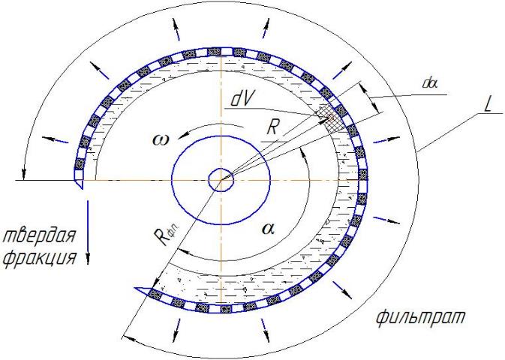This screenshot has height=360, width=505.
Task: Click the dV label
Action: pyautogui.click(x=242, y=100)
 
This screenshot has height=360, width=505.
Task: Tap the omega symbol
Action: pyautogui.click(x=161, y=140)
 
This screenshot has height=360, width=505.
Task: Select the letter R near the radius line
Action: pyautogui.click(x=272, y=127)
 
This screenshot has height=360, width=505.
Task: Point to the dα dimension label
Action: pyautogui.click(x=430, y=84)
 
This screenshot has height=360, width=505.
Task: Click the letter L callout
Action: pyautogui.click(x=487, y=105)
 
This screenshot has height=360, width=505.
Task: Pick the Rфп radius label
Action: pyautogui.click(x=166, y=235)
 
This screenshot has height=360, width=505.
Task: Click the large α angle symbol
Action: pyautogui.click(x=268, y=228)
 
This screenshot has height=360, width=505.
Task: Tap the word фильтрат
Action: pyautogui.click(x=421, y=317)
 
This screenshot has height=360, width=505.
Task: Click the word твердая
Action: pyautogui.click(x=39, y=235)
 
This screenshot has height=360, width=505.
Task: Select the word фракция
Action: pyautogui.click(x=40, y=257)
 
